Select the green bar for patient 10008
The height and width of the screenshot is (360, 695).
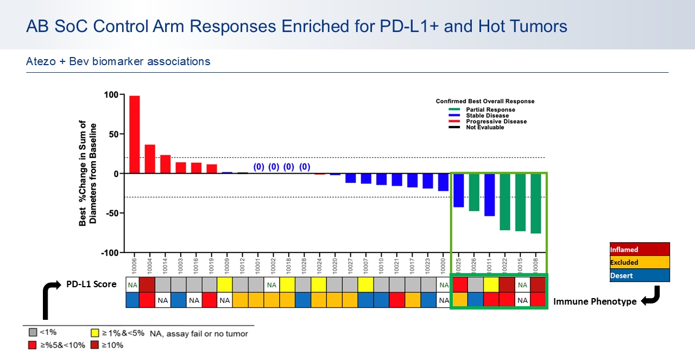[x=536, y=203]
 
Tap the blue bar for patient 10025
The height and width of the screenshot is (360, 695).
[x=459, y=190]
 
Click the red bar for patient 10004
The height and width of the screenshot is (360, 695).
[x=150, y=159]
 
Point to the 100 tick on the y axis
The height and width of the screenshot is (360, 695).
[x=111, y=94]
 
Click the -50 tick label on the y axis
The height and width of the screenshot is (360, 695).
[x=110, y=213]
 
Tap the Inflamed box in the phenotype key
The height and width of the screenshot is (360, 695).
[x=640, y=249]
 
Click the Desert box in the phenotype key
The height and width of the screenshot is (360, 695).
[x=640, y=275]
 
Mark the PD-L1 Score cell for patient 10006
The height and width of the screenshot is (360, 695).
[x=133, y=285]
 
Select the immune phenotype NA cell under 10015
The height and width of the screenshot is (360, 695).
[x=522, y=300]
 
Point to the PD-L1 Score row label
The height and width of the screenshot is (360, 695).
[x=91, y=284]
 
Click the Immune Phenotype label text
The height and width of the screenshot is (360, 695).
[x=595, y=301]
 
